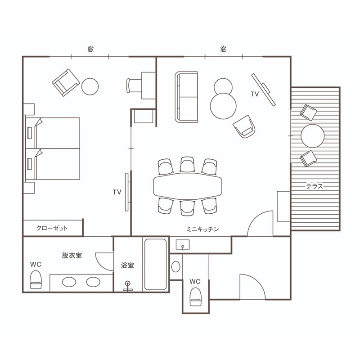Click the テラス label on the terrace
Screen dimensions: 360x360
(314, 186)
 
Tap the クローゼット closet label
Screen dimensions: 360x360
(52, 228)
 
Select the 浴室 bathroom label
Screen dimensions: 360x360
(127, 265)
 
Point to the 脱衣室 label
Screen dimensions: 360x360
(72, 255)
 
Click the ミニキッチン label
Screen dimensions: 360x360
(203, 229)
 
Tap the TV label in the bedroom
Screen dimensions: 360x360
(117, 192)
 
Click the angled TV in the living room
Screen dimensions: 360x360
(263, 90)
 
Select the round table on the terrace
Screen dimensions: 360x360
(312, 136)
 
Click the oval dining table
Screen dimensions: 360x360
(187, 186)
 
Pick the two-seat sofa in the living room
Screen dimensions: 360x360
(186, 97)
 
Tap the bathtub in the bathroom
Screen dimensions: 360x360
(155, 265)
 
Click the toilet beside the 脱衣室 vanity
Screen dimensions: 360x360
(36, 279)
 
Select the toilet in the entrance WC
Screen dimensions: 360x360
(196, 297)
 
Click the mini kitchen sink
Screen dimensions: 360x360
(183, 245)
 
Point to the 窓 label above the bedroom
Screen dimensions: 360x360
(90, 49)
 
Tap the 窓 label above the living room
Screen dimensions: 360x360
(223, 49)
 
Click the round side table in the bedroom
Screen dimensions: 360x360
(90, 86)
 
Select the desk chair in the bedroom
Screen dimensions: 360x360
(134, 85)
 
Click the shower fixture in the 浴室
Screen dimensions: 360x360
(128, 286)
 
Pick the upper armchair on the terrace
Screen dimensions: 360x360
(308, 112)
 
